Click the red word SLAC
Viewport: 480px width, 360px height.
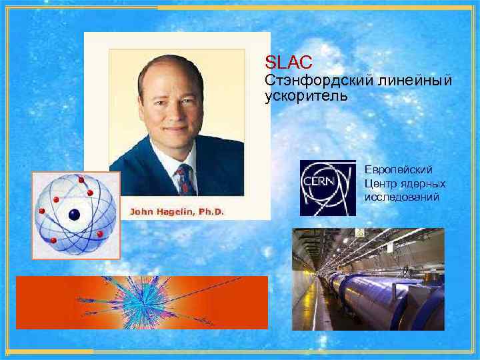[x=288, y=63]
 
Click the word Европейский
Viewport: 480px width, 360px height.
[x=399, y=170]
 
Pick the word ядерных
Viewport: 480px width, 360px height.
[x=425, y=183]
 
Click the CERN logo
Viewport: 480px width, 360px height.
[x=327, y=188]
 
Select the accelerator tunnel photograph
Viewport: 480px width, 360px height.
[x=368, y=279]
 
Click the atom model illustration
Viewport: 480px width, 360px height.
[x=76, y=215]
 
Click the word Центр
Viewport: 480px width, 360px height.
[x=377, y=183]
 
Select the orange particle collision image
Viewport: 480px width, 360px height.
[x=142, y=303]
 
